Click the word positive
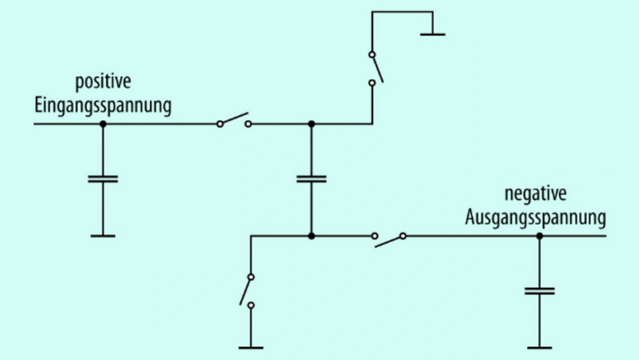[103, 83]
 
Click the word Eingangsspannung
[103, 106]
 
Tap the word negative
[536, 194]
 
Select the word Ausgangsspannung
[536, 219]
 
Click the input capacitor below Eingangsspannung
[103, 179]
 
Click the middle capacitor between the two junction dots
[312, 179]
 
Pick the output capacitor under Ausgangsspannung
[540, 291]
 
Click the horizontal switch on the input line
[234, 120]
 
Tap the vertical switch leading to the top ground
[375, 68]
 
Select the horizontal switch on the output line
[389, 240]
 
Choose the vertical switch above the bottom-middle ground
[247, 291]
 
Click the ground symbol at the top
[433, 34]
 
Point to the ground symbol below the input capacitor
[103, 236]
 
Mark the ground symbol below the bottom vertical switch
[251, 348]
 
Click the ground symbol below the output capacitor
[540, 348]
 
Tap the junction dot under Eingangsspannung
[103, 124]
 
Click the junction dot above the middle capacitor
[312, 124]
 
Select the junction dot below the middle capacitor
[312, 236]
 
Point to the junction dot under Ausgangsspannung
[540, 236]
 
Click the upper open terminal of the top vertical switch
[372, 54]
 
